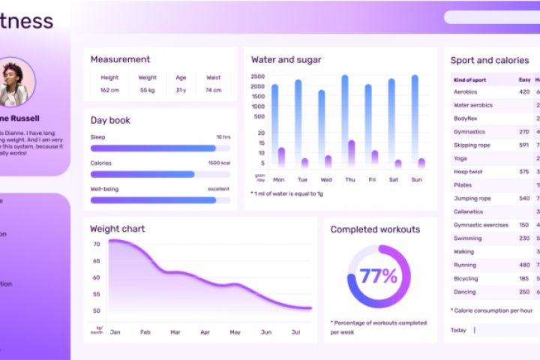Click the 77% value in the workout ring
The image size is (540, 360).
[x=379, y=276]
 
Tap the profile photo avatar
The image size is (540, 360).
[x=14, y=82]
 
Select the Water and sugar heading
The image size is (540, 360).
[x=286, y=60]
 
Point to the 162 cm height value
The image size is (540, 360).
[x=109, y=91]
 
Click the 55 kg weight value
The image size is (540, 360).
[x=148, y=91]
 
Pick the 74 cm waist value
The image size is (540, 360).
[x=213, y=91]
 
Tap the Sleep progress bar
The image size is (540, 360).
[x=154, y=148]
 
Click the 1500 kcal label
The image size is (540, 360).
[x=219, y=163]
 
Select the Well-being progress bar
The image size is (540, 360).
[x=154, y=200]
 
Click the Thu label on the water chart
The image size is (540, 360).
[x=349, y=180]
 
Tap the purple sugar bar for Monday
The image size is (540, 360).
[x=281, y=157]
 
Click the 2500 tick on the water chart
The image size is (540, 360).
[x=257, y=76]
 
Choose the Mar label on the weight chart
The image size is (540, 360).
[x=175, y=331]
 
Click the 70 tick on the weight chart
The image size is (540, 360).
[x=96, y=244]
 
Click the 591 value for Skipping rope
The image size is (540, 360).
[x=523, y=145]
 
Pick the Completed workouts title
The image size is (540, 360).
[x=375, y=229]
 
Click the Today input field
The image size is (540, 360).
[x=506, y=330]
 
